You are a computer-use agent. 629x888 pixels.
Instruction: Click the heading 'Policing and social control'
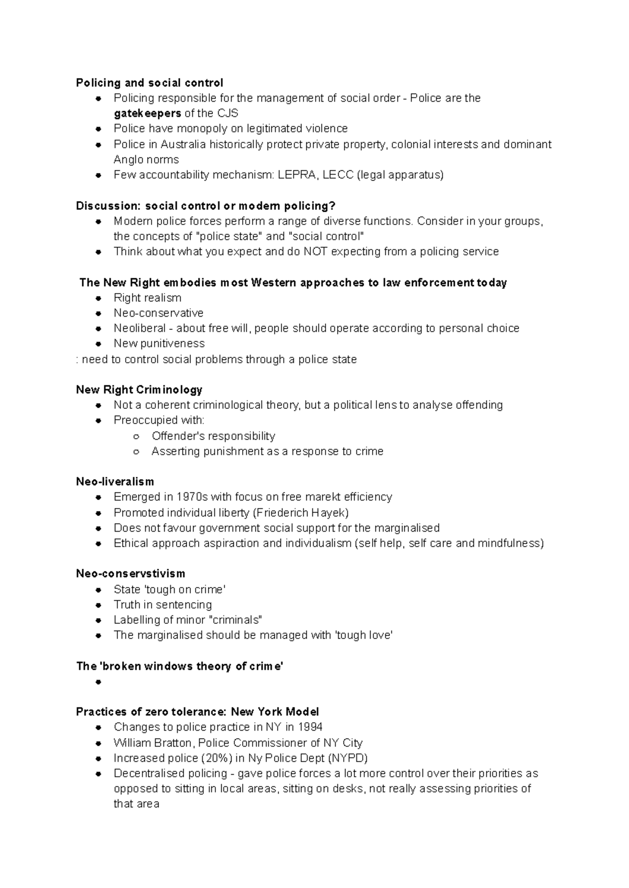click(x=149, y=83)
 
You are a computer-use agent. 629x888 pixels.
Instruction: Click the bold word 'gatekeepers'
click(x=147, y=113)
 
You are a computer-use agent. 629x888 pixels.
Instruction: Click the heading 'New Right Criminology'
click(x=139, y=389)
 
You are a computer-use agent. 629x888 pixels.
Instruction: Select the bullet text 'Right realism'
click(x=147, y=298)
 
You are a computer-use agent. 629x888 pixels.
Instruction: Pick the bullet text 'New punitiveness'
click(x=159, y=343)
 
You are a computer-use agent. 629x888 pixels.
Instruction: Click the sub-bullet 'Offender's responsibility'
click(x=213, y=436)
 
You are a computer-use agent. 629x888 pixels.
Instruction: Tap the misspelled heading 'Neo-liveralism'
click(x=115, y=481)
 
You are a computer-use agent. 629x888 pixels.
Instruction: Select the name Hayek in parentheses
click(x=330, y=513)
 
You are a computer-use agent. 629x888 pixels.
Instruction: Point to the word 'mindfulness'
click(x=509, y=543)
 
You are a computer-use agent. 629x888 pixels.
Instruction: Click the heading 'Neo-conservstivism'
click(x=131, y=573)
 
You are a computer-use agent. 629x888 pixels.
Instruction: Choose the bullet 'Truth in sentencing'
click(x=162, y=604)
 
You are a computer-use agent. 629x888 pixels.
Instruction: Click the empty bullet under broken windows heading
click(x=98, y=682)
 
